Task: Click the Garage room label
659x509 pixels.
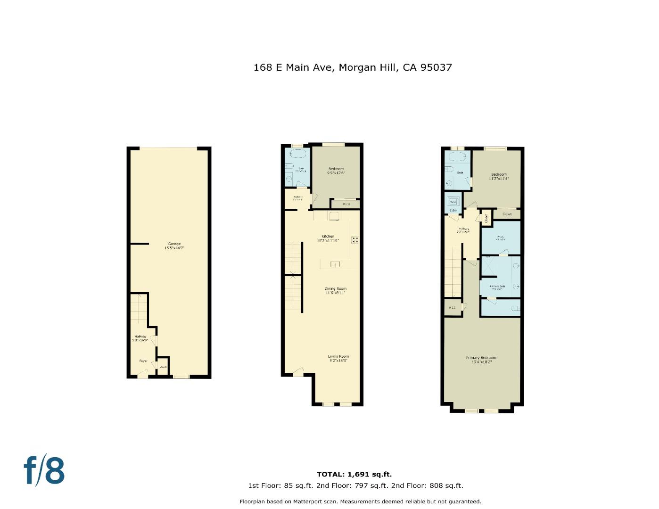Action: (174, 246)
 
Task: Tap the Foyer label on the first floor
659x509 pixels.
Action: (143, 361)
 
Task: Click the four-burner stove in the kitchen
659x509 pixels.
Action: (355, 240)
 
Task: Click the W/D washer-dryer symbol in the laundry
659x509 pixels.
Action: (453, 201)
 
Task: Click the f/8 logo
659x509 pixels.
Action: (44, 470)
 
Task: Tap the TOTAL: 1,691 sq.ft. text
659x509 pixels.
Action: (354, 475)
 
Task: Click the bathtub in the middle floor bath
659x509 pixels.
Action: (297, 154)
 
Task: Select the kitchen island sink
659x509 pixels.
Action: (335, 264)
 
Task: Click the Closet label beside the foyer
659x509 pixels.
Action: (163, 367)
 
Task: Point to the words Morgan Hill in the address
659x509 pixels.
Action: (368, 67)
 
